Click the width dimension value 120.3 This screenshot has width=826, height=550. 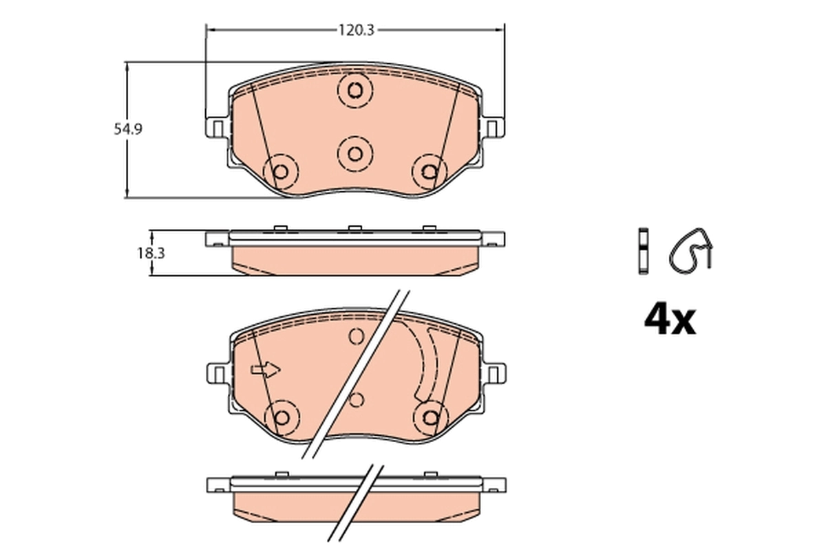coord(355,30)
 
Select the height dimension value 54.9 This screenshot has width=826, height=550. coord(128,129)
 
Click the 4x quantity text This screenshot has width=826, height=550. coord(670,320)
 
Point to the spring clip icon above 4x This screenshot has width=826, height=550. coord(692,248)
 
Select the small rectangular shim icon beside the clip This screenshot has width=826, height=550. coord(643,250)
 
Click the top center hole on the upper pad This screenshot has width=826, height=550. coord(355,90)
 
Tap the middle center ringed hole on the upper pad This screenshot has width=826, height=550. coord(355,153)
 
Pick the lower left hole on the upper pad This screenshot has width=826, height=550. coord(281,170)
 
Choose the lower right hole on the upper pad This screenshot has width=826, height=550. coord(430,170)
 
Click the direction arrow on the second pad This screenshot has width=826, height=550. coord(266,371)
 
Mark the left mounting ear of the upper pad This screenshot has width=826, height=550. coord(216,128)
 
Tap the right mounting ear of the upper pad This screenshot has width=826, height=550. coord(493,128)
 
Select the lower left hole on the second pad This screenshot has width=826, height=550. coord(281,417)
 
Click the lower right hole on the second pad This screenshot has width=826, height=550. coord(430,417)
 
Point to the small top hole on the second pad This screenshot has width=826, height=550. coord(356,336)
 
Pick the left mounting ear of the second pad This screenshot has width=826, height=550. coord(216,373)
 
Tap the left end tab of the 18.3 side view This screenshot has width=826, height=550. coord(215,239)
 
